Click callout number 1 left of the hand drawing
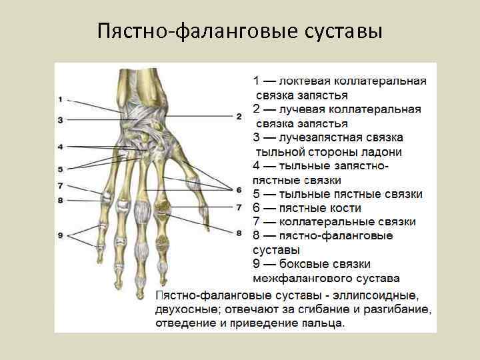[x=60, y=99]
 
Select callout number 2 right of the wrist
[x=239, y=116]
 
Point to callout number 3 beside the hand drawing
[x=60, y=120]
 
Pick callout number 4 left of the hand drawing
[x=60, y=146]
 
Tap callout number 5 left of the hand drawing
[x=60, y=169]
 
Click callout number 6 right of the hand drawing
[x=239, y=189]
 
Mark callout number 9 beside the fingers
[x=60, y=235]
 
